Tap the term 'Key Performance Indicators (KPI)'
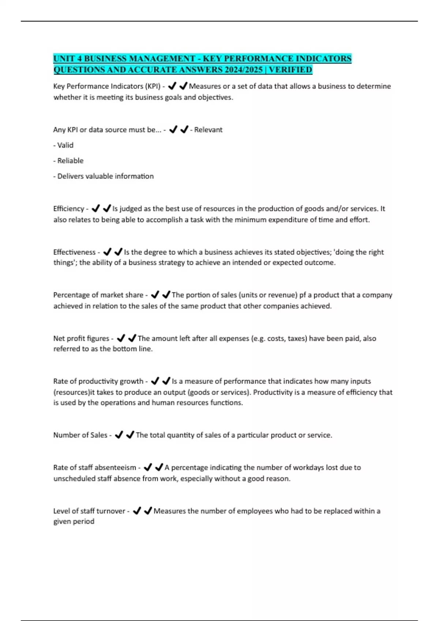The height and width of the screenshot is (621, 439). point(107,87)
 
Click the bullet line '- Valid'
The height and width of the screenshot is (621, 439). point(63,145)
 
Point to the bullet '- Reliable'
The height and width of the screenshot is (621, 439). point(68,161)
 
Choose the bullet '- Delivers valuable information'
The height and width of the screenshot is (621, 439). point(104,176)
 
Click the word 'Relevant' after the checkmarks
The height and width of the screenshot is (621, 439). point(208,130)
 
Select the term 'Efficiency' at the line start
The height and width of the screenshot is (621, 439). point(69,209)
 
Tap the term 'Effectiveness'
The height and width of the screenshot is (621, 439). point(74,252)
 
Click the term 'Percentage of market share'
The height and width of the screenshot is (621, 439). point(98,295)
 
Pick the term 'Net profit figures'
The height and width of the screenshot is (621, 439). point(81,339)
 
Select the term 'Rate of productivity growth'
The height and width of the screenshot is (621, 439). point(98,381)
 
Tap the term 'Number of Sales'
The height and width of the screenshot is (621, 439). point(80,435)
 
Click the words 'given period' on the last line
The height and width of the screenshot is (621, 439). point(74,522)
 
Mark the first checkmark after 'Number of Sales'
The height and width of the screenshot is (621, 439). point(119,435)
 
